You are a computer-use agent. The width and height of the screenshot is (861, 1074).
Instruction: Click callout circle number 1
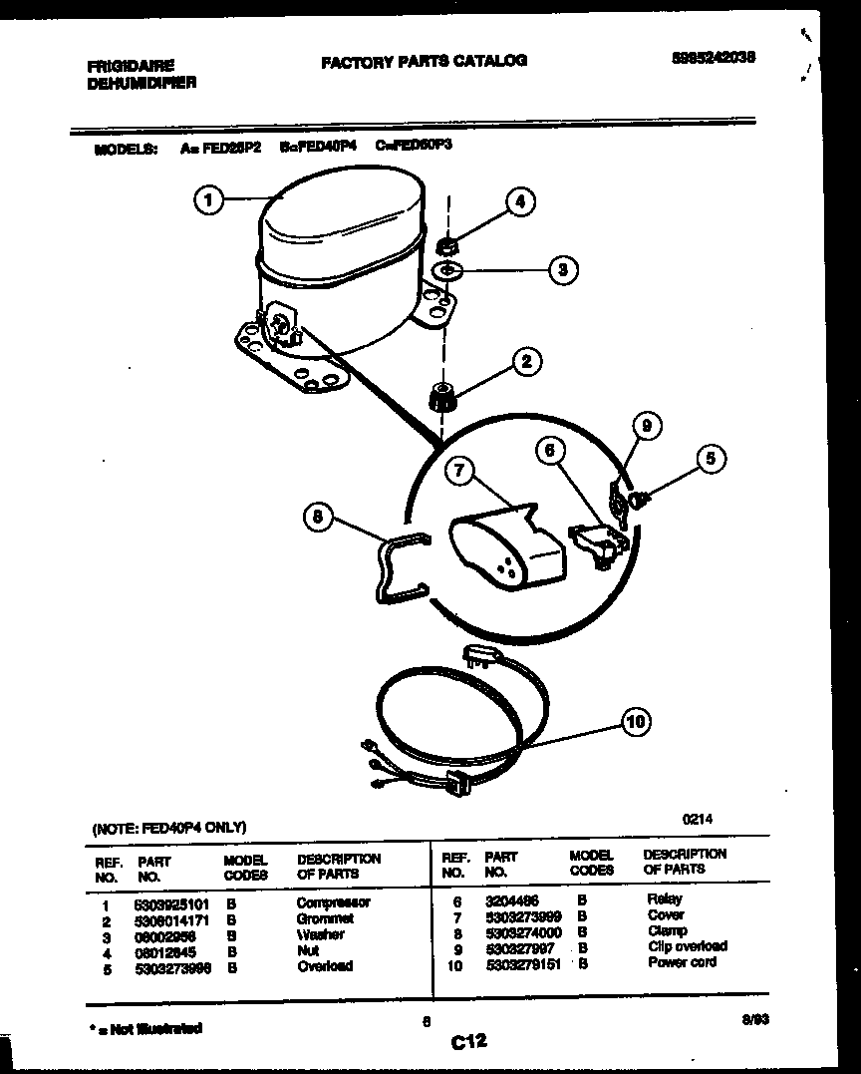click(x=207, y=200)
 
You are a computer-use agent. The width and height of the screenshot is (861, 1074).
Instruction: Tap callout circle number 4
click(x=519, y=201)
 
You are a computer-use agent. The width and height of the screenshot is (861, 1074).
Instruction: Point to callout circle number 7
click(x=458, y=472)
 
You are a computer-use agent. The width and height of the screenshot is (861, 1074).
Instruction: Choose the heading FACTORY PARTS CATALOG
click(x=424, y=61)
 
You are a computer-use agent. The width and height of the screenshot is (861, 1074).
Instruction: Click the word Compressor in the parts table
click(x=333, y=902)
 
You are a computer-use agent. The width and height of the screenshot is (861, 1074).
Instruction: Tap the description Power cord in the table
click(x=682, y=962)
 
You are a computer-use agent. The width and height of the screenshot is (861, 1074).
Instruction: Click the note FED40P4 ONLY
click(x=168, y=828)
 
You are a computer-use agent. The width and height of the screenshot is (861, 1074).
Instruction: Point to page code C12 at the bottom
click(x=467, y=1042)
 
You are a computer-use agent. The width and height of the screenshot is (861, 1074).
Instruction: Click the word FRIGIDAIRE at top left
click(x=131, y=66)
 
